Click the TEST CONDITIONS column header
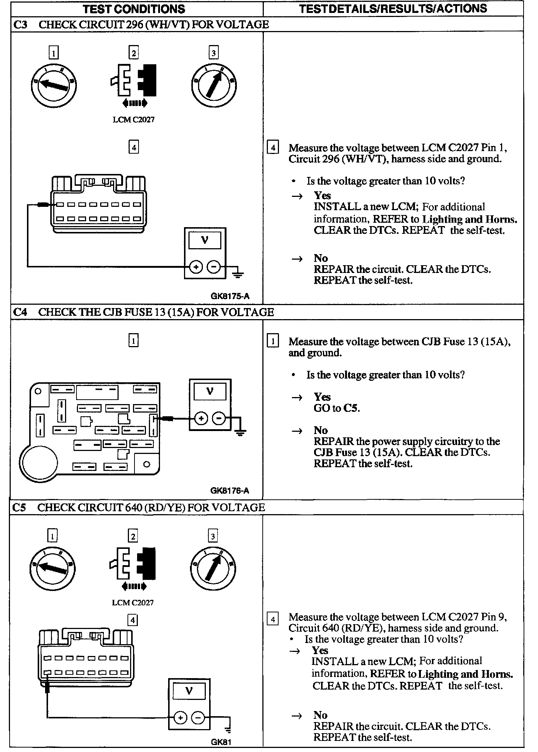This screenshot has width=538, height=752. [134, 9]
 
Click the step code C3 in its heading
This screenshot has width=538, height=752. [21, 25]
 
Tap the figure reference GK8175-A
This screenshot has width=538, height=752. [230, 296]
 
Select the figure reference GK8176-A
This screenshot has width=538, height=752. [229, 490]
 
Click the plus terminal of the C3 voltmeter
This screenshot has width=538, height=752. [196, 267]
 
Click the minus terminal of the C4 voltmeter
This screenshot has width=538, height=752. [219, 418]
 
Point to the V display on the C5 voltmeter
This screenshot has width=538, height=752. [189, 691]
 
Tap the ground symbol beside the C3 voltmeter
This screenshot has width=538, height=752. [238, 274]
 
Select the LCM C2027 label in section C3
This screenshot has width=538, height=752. [133, 120]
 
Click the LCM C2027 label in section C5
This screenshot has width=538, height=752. [133, 603]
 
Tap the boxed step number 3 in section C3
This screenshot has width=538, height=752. [213, 53]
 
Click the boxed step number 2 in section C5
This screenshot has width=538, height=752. [133, 536]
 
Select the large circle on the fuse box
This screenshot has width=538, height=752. [39, 462]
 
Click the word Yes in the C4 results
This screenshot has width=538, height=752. [322, 397]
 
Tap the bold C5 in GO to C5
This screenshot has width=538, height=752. [351, 408]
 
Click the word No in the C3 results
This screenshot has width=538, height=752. [321, 258]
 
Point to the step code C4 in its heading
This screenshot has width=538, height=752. [20, 312]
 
